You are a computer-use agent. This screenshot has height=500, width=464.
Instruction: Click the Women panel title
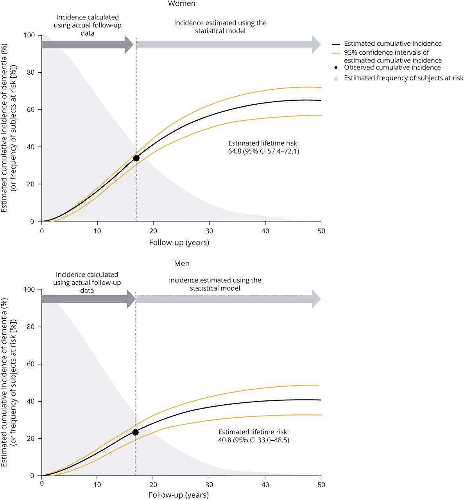(x=182, y=4)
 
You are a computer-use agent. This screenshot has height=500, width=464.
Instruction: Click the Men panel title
(x=182, y=264)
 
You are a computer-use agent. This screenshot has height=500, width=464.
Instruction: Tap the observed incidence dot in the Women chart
(x=136, y=158)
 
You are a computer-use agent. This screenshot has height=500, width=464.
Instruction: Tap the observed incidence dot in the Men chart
(x=135, y=432)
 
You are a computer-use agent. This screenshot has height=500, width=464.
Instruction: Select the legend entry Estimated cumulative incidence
(x=392, y=44)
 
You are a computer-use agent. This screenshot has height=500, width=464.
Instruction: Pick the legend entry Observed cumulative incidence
(x=392, y=68)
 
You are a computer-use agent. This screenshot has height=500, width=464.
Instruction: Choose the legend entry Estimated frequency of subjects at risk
(x=403, y=78)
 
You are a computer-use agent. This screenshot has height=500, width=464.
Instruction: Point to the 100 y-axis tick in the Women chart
(x=30, y=36)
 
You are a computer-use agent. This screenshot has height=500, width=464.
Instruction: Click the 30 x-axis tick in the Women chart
(x=209, y=231)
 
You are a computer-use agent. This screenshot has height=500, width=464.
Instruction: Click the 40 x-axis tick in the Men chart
(x=265, y=485)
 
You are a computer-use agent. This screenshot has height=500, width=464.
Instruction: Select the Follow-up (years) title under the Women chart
(x=179, y=243)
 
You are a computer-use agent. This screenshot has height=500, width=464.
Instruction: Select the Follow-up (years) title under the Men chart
(x=179, y=495)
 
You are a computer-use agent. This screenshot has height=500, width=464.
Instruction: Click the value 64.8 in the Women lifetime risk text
(x=235, y=151)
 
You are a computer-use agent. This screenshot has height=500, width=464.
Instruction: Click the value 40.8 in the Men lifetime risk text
(x=225, y=440)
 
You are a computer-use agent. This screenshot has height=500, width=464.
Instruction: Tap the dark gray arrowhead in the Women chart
(x=129, y=44)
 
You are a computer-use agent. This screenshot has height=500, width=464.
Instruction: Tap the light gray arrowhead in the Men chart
(x=316, y=299)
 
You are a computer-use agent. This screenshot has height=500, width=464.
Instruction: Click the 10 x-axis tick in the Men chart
(x=97, y=485)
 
